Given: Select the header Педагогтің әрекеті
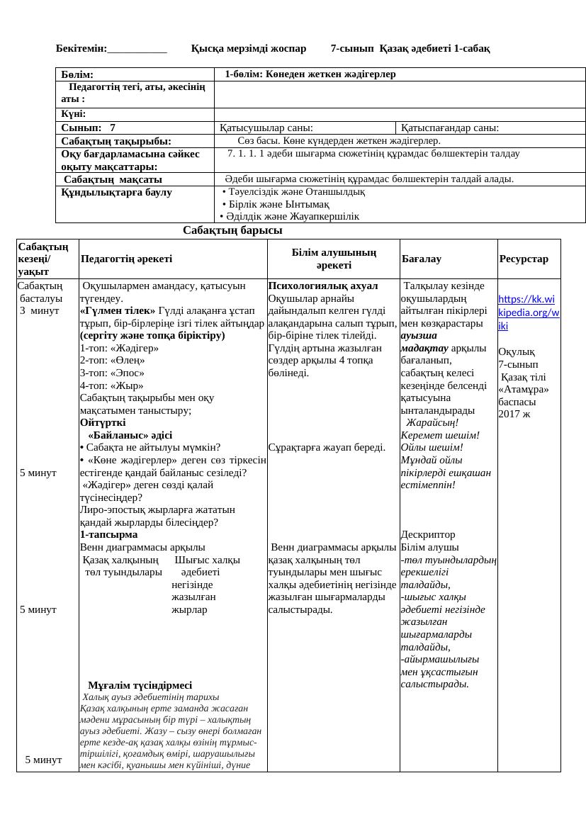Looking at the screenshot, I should [x=126, y=259].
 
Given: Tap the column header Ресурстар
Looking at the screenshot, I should [x=524, y=259].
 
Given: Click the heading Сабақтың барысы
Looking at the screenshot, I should [x=232, y=230].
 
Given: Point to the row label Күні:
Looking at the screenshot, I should [x=73, y=114].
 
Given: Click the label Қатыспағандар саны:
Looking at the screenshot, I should [x=450, y=128].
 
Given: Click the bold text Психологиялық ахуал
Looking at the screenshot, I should [x=323, y=286].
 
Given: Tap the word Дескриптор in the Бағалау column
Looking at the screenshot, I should [x=428, y=534].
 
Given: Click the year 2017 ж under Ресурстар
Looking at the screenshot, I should [x=514, y=414].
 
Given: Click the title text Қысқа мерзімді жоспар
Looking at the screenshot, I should [x=249, y=49].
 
